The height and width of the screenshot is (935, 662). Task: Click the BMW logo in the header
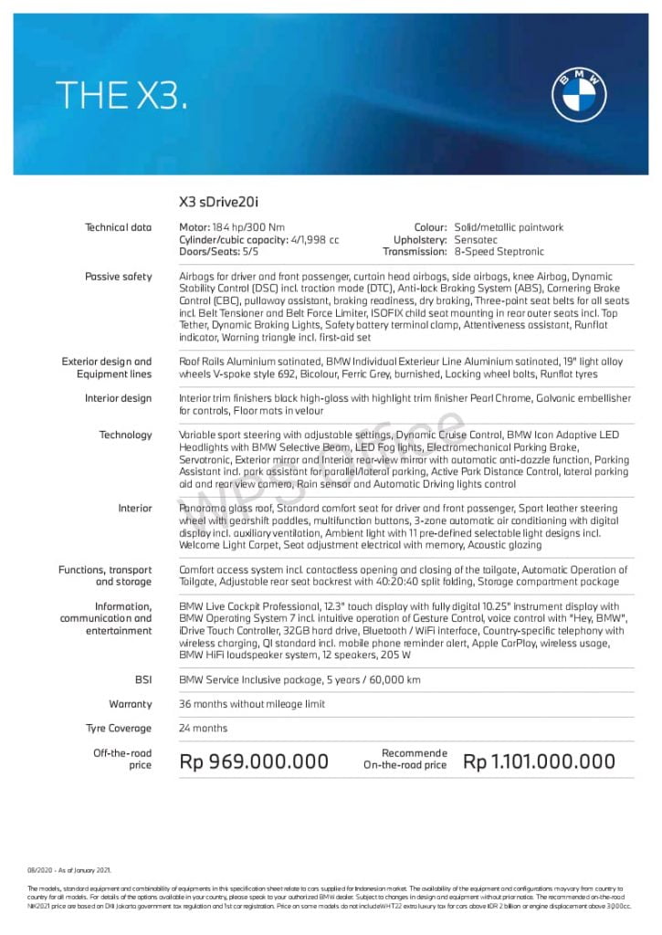(x=579, y=94)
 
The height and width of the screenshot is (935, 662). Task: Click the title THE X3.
(x=121, y=95)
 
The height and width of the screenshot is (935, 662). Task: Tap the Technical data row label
(x=119, y=227)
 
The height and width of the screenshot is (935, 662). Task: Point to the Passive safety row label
(x=119, y=276)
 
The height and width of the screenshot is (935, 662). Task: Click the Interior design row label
(x=119, y=398)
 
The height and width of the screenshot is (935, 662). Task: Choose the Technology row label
(x=126, y=435)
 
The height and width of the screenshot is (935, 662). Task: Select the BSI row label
(x=142, y=679)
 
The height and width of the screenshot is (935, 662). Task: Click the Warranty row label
(x=131, y=704)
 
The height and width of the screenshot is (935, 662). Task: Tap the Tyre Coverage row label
(x=119, y=728)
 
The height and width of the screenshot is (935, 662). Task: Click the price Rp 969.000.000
(x=254, y=761)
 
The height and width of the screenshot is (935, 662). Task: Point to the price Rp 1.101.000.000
(x=540, y=761)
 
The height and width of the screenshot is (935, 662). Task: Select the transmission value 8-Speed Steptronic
(x=499, y=252)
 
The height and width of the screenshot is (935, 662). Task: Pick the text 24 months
(x=204, y=728)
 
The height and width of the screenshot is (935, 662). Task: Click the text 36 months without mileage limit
(x=252, y=704)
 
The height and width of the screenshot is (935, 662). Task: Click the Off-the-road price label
(x=122, y=759)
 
